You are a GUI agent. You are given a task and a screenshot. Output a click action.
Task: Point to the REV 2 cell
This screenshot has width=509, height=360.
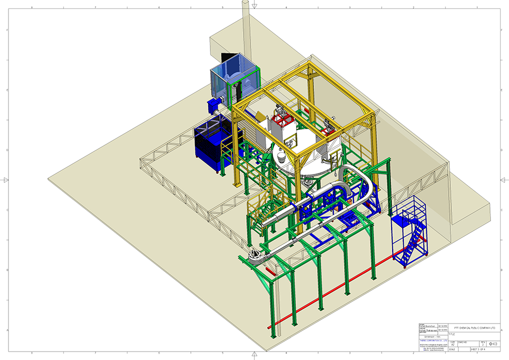pyautogui.click(x=482, y=343)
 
